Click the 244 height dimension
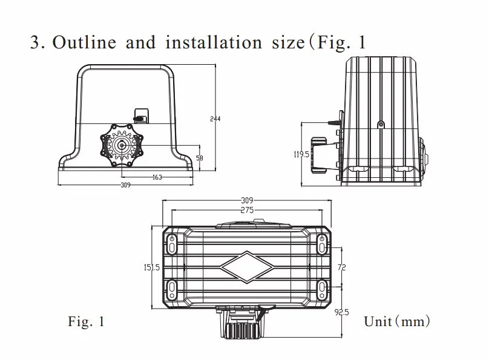click(215, 119)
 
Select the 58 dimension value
click(199, 157)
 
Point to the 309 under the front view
click(125, 185)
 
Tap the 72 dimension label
click(342, 267)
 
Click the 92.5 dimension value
click(342, 312)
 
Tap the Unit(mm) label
click(396, 321)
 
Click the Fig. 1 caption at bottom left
click(86, 322)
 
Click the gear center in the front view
click(122, 145)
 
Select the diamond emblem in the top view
click(247, 266)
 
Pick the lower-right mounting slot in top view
click(321, 287)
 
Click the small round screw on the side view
click(381, 124)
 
